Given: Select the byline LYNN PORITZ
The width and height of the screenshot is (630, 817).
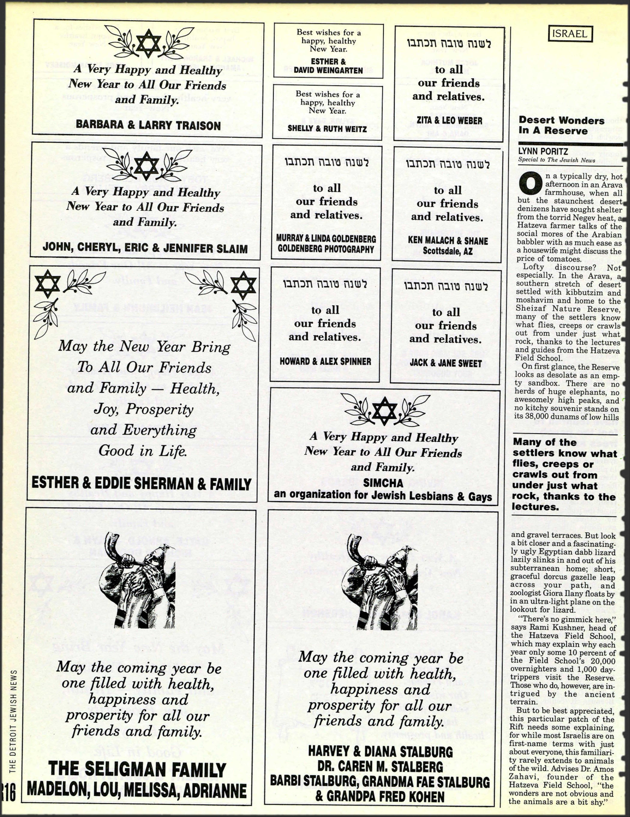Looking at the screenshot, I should pos(543,151).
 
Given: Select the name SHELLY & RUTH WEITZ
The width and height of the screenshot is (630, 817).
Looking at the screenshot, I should pos(327,128).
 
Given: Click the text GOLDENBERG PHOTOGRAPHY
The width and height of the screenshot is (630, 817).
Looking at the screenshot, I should pos(326,249).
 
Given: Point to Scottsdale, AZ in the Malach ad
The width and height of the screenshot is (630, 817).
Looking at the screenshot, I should pos(448,251).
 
